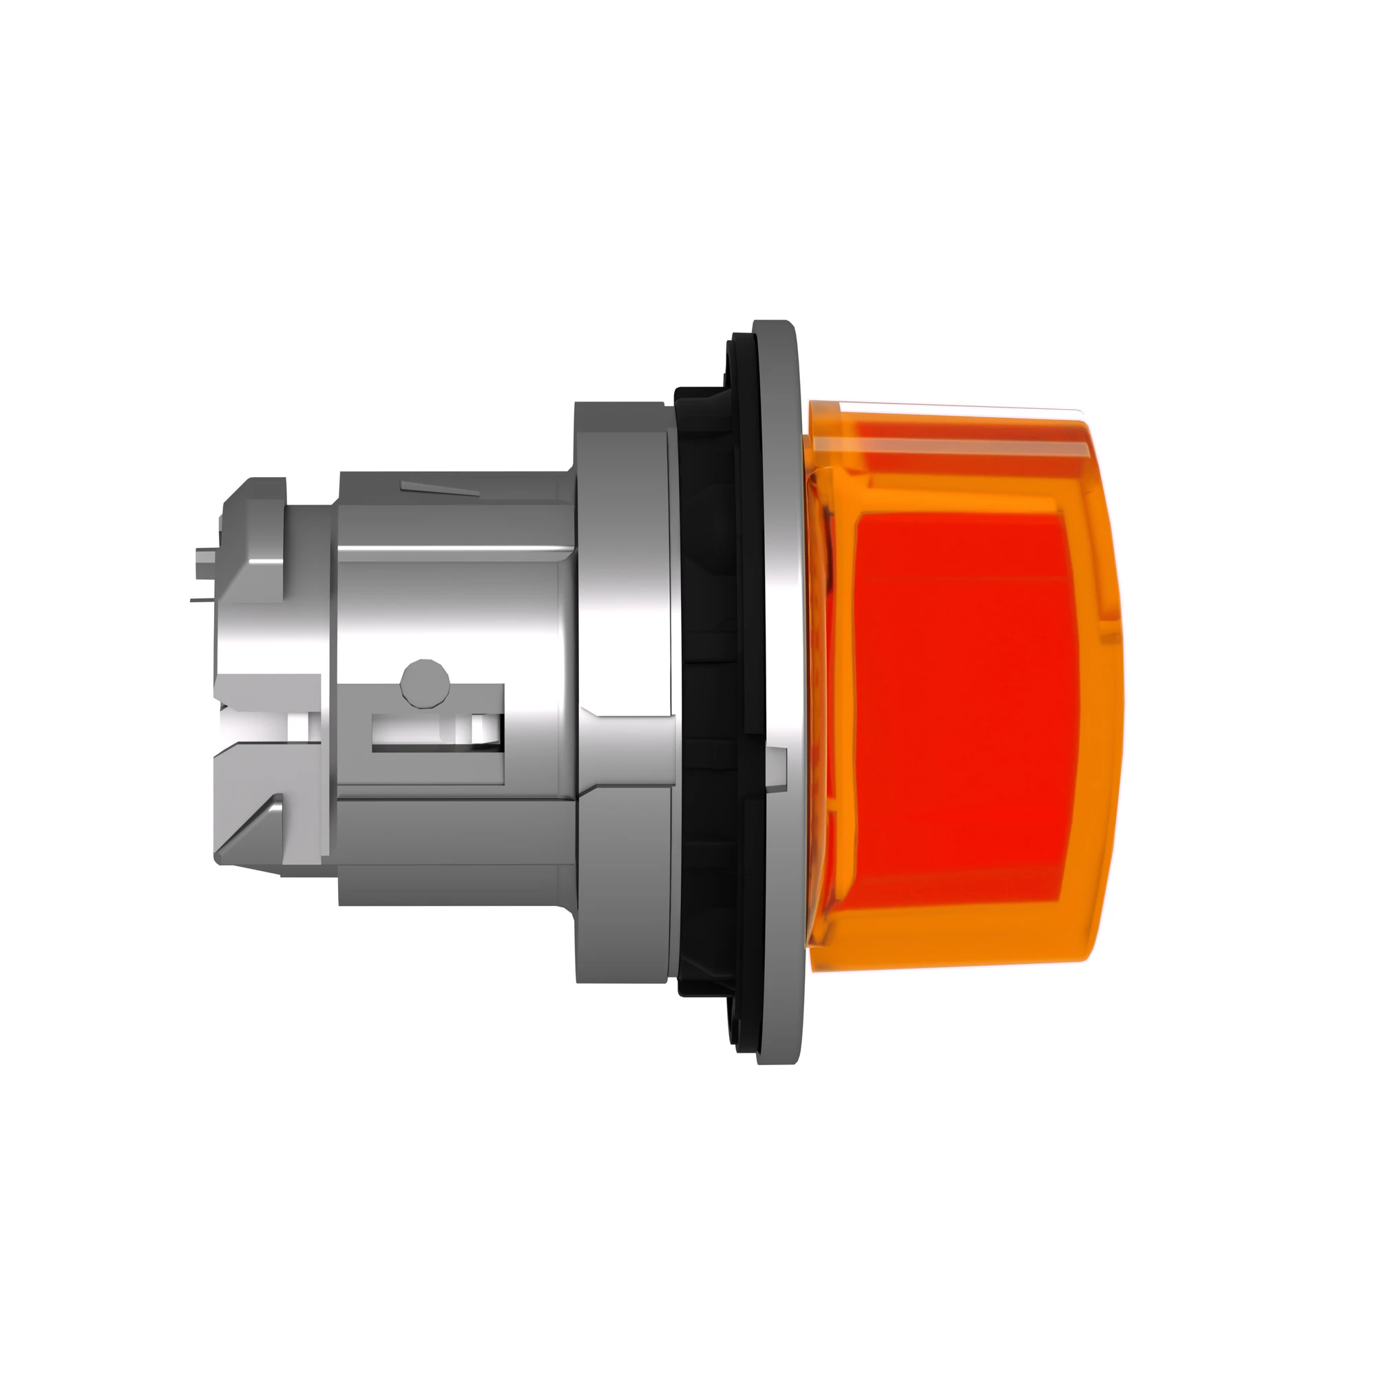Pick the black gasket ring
pyautogui.click(x=709, y=684)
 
